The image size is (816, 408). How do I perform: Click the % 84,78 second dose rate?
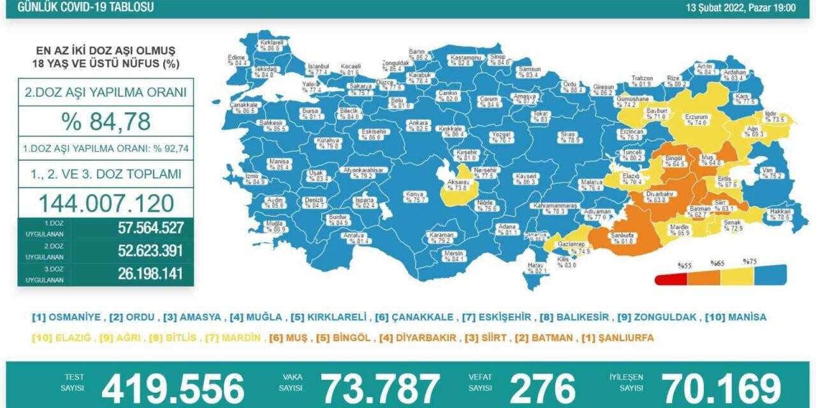click(x=105, y=120)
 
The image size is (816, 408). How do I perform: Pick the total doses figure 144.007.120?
click(x=106, y=203)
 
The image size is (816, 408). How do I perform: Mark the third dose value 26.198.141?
click(x=150, y=274)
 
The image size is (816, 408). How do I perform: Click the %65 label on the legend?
click(x=718, y=263)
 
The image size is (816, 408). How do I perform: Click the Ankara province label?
click(x=418, y=125)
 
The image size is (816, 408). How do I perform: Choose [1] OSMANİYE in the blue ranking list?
click(x=66, y=317)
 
